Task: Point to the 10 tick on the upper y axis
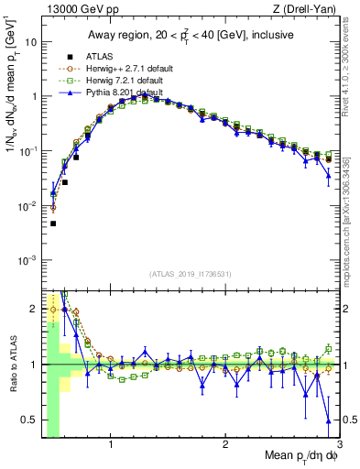pyautogui.click(x=32, y=42)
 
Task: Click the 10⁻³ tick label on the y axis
pyautogui.click(x=30, y=260)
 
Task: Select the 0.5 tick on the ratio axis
pyautogui.click(x=30, y=420)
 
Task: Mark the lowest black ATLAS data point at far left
pyautogui.click(x=53, y=224)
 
